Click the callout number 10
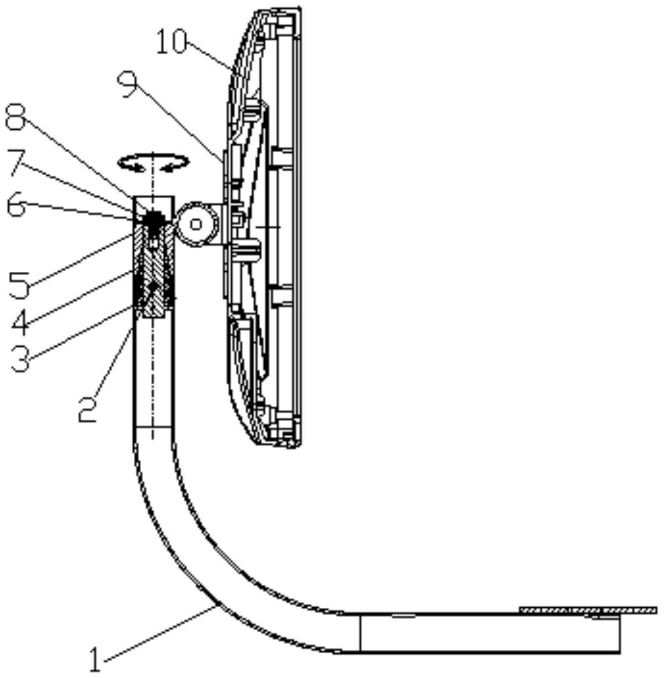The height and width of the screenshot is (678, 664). [171, 42]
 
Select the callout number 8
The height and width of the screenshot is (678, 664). [16, 117]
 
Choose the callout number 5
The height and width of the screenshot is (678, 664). [19, 285]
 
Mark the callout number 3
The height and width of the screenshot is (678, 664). [20, 359]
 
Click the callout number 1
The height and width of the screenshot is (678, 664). [95, 659]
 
